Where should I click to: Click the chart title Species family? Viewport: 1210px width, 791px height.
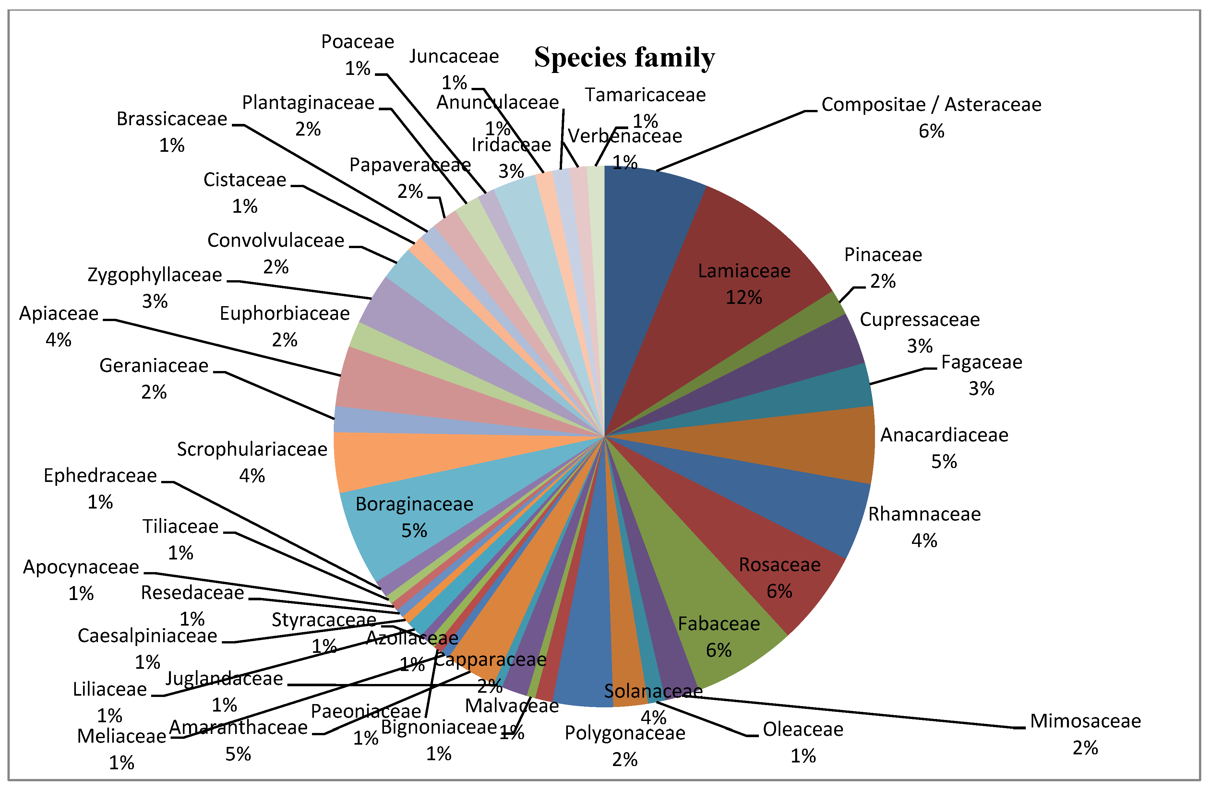coord(624,57)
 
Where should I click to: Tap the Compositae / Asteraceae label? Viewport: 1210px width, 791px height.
coord(931,105)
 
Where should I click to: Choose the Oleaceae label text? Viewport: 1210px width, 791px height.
coord(803,729)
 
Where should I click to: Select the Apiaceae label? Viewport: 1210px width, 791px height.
coord(58,314)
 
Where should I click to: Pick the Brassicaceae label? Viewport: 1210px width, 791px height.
coord(172,119)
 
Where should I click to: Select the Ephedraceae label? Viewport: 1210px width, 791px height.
coord(100,476)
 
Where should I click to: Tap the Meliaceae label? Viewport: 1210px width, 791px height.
coord(122,737)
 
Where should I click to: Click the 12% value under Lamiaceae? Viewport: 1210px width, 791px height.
coord(743,297)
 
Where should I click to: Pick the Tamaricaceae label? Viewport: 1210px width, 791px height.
coord(645,95)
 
